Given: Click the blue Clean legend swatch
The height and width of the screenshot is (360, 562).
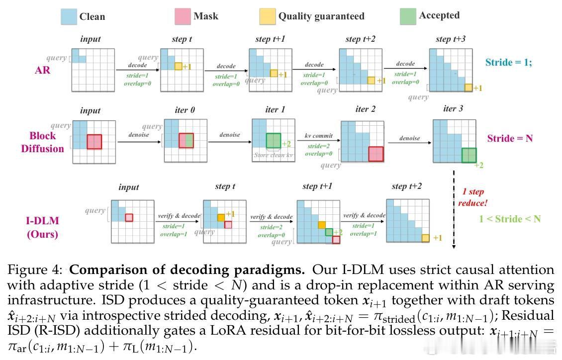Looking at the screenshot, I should (x=68, y=16).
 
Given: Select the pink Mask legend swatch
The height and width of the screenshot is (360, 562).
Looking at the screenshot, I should (x=183, y=16).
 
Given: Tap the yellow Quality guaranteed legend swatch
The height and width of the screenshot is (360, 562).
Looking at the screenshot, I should (x=267, y=16).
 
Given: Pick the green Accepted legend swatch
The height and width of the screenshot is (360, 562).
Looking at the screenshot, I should (x=408, y=16).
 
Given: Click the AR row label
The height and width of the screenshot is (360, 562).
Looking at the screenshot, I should (x=42, y=70).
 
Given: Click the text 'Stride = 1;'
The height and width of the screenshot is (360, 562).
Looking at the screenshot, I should (x=508, y=62).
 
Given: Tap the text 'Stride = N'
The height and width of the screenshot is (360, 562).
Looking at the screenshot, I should (x=509, y=138).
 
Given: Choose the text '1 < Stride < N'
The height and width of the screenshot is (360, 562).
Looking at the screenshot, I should (x=509, y=219).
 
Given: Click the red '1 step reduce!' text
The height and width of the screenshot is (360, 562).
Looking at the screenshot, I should (x=473, y=197).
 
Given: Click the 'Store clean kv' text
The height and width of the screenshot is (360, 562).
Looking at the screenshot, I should (x=273, y=155).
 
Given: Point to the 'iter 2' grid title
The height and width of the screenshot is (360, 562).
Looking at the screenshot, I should (x=366, y=109).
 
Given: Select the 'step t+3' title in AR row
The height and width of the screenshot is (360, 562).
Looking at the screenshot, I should (x=450, y=39).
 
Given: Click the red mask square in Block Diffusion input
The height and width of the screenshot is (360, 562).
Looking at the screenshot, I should (x=94, y=141).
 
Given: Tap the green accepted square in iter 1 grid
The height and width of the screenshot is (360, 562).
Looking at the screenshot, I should (x=274, y=140).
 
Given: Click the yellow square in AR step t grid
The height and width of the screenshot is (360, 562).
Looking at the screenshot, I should (x=178, y=66).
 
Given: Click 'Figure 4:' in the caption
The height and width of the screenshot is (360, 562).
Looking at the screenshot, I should (x=35, y=270).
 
